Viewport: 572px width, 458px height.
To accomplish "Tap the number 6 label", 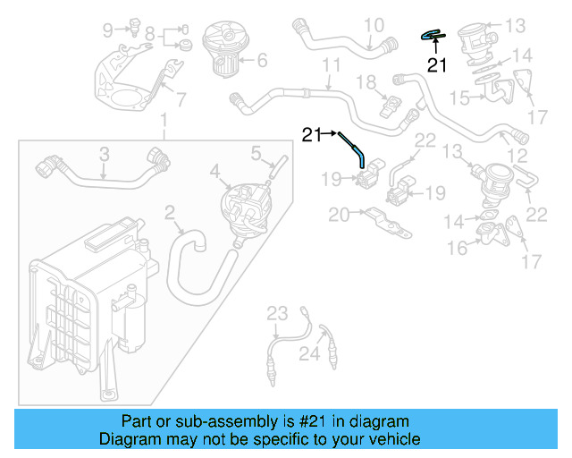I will (262, 62).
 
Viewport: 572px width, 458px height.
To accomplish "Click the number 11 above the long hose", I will (332, 65).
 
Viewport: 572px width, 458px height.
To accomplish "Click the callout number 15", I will (460, 96).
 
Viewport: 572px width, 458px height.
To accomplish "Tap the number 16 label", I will (457, 248).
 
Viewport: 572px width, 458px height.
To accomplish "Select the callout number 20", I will (339, 215).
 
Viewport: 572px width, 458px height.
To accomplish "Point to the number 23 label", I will (277, 312).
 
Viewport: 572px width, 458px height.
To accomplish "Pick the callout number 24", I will (308, 354).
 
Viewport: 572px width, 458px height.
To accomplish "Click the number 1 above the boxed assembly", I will (163, 121).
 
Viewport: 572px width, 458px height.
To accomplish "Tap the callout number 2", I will (170, 212).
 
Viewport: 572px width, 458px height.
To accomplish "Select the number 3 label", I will (104, 154).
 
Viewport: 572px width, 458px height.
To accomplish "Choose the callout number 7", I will (181, 99).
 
